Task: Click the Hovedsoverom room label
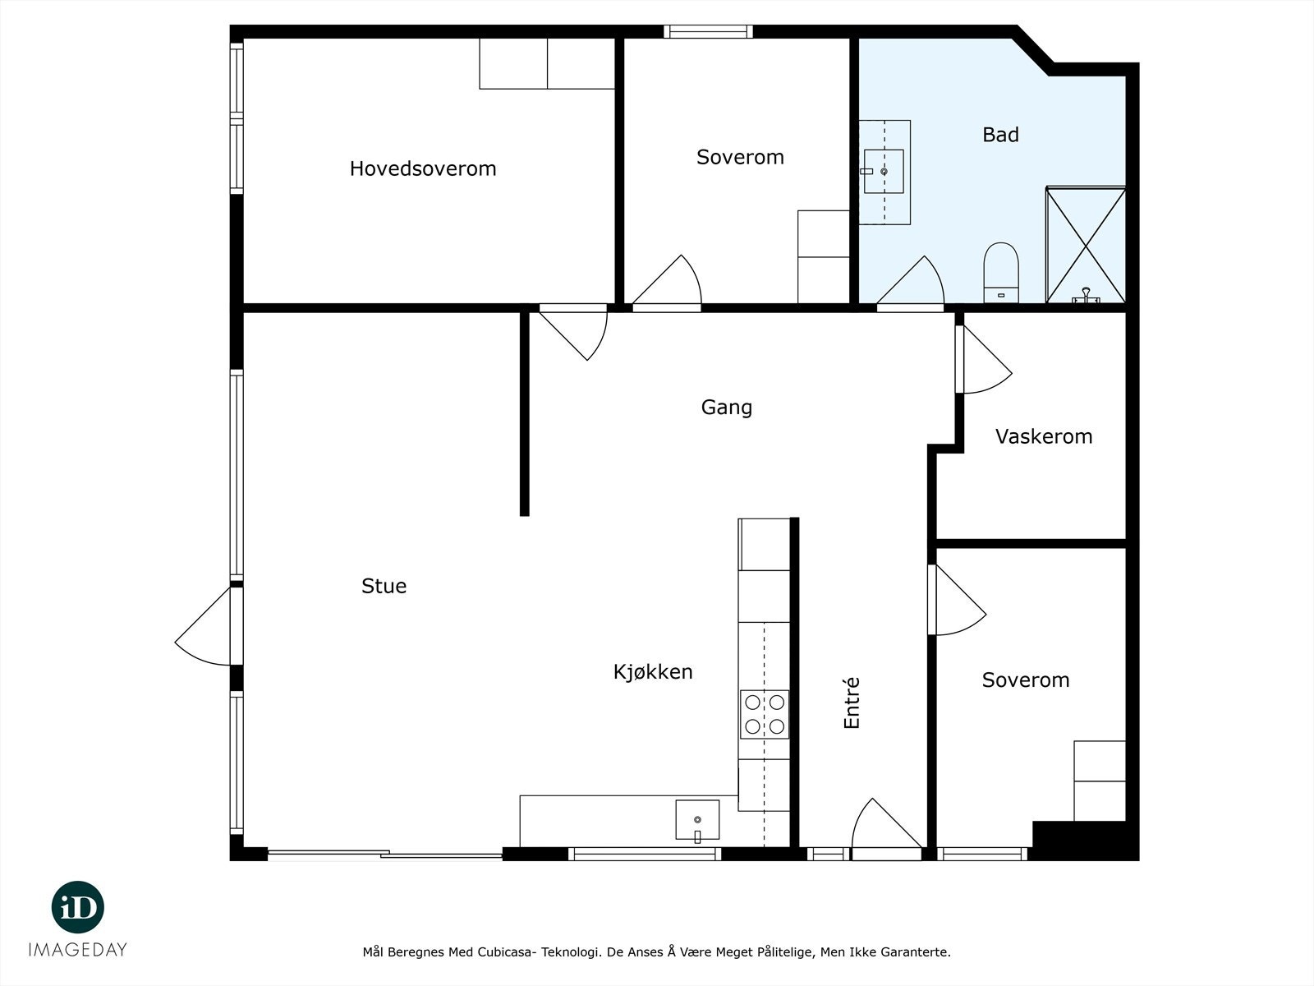click(x=423, y=168)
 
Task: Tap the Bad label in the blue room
click(x=1000, y=135)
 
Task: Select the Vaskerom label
click(x=1043, y=436)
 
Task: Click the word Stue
click(x=384, y=586)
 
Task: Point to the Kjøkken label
click(x=653, y=672)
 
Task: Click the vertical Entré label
click(x=852, y=703)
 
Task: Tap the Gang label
click(x=726, y=408)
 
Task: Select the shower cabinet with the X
click(x=1085, y=245)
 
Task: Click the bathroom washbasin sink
click(x=884, y=171)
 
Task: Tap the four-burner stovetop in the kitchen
click(x=765, y=714)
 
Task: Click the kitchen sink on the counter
click(x=697, y=819)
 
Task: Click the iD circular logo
click(x=78, y=907)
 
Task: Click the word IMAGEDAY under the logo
click(x=78, y=950)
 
